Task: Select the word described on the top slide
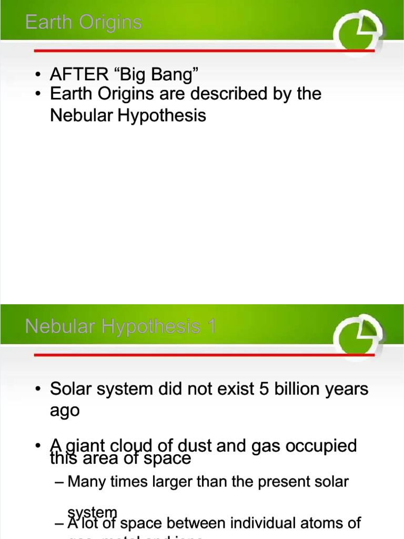pos(222,94)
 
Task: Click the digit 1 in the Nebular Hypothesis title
pos(211,327)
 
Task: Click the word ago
pos(65,411)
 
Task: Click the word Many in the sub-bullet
pos(85,481)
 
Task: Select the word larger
pos(163,481)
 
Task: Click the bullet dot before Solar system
pos(38,390)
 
